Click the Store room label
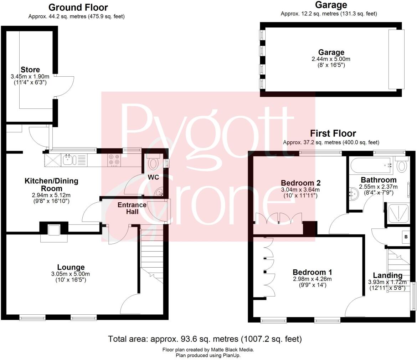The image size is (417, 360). pos(30,70)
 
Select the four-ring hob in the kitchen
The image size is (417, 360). pos(114,160)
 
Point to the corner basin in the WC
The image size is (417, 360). pos(159,192)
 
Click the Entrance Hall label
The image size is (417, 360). pos(132,208)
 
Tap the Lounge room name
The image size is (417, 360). pos(71,267)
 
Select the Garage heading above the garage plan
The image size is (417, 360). pos(331,5)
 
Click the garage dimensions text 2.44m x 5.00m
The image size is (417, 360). pos(331,59)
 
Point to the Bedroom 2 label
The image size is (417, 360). pos(300,183)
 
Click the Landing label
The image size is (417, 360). pos(387,275)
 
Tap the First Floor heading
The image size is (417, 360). pos(333,133)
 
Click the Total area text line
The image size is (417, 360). pos(205,339)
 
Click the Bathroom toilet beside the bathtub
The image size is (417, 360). pos(402,165)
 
